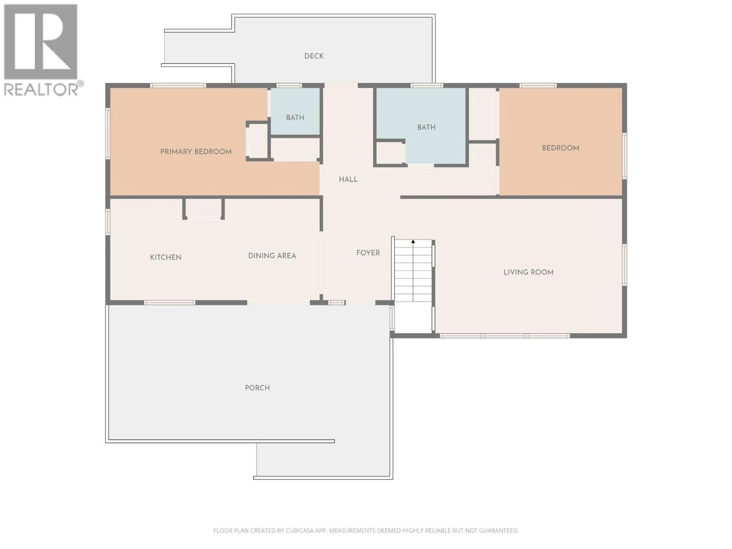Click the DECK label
(314, 56)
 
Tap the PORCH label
(257, 388)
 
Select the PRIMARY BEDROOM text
(196, 152)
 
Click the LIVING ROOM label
(528, 272)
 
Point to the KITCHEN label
(165, 257)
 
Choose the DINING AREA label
(272, 255)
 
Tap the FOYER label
(368, 253)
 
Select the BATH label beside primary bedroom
(295, 117)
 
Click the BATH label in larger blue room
(426, 127)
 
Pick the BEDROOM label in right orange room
(560, 148)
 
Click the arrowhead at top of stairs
(413, 242)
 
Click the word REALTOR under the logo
(40, 89)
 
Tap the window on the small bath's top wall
(289, 85)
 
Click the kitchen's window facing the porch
(169, 303)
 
